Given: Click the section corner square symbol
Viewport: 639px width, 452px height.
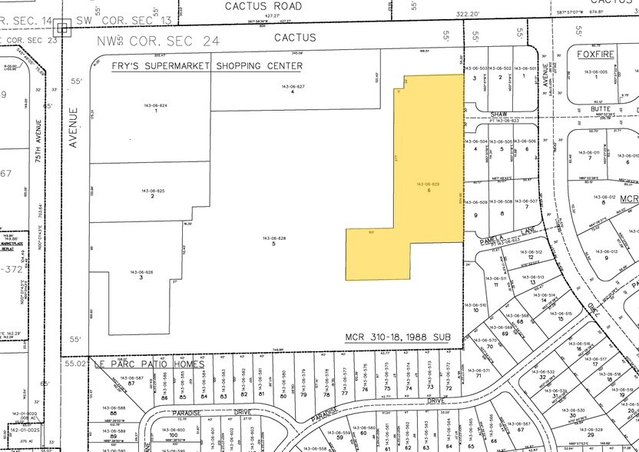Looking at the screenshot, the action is point(62,28).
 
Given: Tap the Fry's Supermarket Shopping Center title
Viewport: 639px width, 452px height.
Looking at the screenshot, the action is point(219,67).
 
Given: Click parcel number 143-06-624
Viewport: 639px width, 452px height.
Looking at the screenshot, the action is point(155,105).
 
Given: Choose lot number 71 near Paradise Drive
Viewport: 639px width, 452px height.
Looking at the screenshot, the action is point(478,376).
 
